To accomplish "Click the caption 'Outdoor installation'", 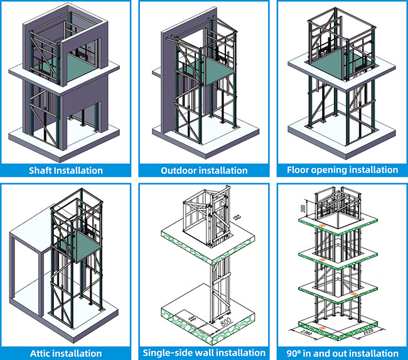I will point(204,170).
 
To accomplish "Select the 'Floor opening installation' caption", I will point(342,169).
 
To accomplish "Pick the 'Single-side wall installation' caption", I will point(204,353).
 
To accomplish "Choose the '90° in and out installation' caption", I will point(342,353).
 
